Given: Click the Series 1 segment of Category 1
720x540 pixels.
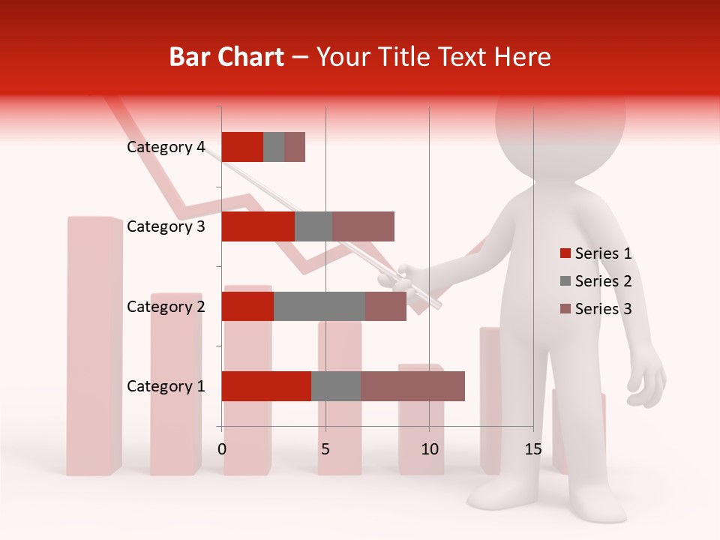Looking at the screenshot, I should (266, 386).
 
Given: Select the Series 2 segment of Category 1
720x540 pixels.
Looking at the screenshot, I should (336, 386).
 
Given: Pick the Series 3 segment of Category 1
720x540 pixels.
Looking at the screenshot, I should (412, 386).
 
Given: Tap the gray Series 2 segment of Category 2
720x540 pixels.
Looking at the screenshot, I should (319, 306).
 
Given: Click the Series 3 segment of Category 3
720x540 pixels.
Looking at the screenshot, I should (363, 226).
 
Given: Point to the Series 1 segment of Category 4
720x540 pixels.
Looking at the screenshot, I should (242, 147).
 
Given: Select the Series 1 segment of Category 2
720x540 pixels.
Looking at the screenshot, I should (247, 306).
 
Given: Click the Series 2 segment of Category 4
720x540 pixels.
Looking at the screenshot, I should (274, 147).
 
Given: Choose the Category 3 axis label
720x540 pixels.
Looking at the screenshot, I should (166, 226).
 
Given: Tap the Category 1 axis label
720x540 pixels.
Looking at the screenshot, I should (166, 386).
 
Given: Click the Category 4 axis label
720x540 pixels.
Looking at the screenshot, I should (166, 147).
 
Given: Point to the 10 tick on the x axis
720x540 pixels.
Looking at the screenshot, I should (429, 449).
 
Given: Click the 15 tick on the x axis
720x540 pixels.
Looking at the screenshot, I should (532, 449).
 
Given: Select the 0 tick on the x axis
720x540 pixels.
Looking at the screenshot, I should (222, 449).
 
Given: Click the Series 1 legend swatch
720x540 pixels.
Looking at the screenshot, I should (565, 253).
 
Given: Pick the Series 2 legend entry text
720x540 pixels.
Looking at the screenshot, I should (603, 281).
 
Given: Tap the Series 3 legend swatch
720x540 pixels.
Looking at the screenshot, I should (565, 309).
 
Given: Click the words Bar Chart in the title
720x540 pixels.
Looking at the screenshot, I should (226, 57).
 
